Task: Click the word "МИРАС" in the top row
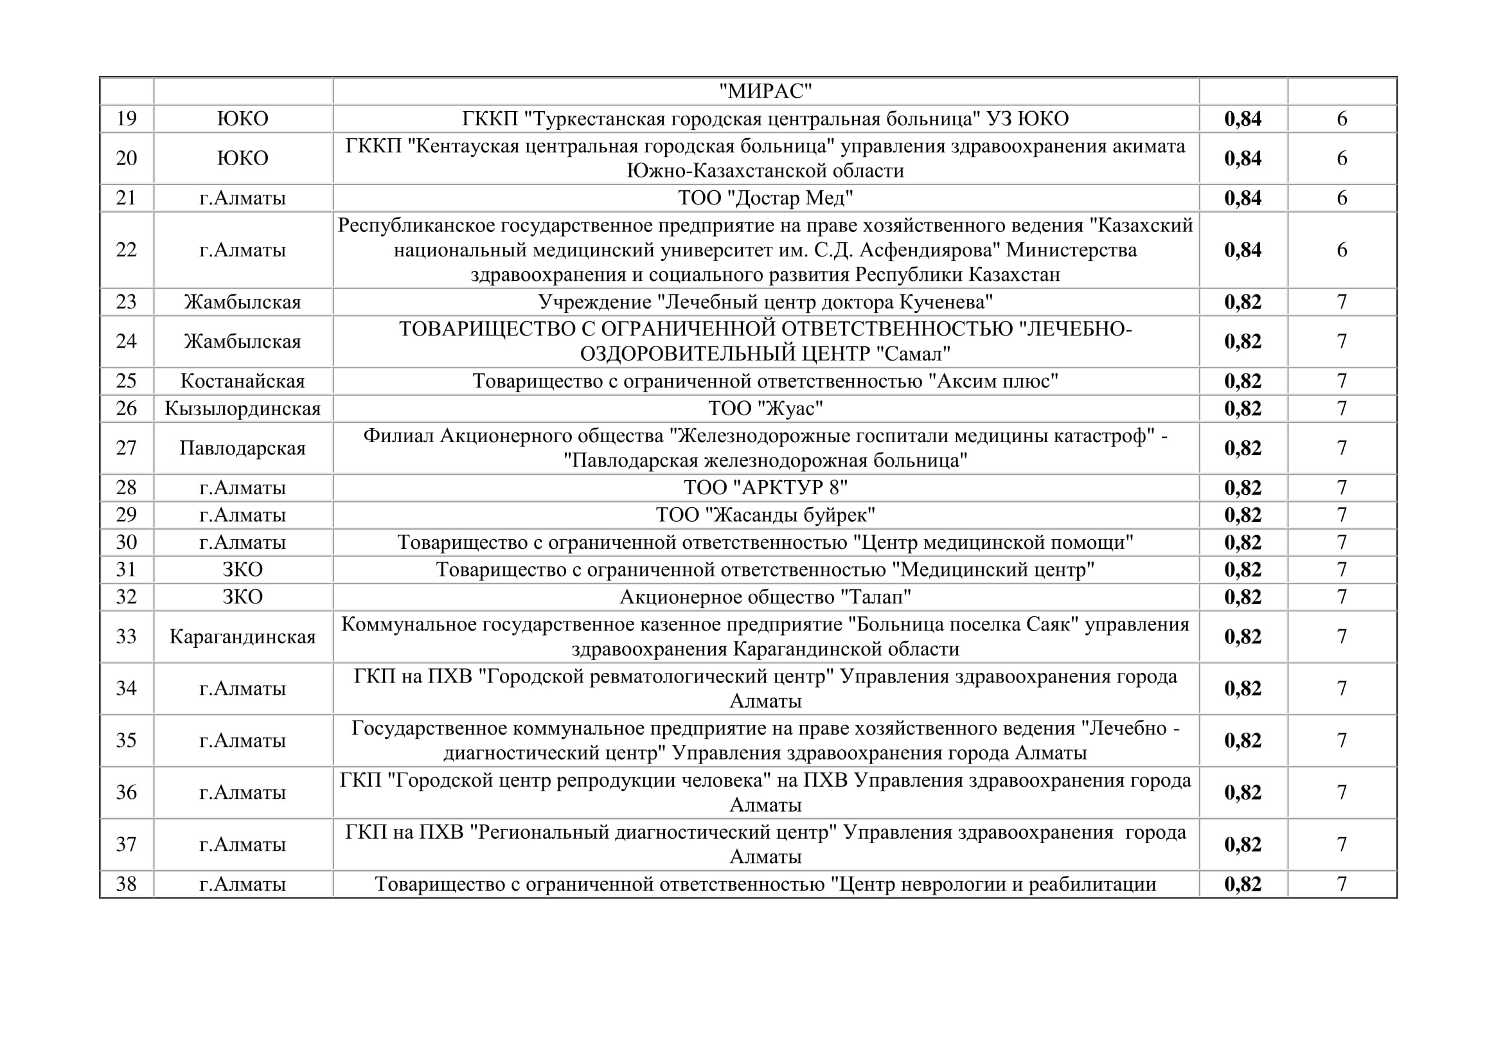pos(765,91)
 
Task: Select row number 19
pos(127,118)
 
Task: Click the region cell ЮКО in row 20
pos(242,157)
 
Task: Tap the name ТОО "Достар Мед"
pos(765,198)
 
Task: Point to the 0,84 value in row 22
pos(1243,249)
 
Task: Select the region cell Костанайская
pos(242,381)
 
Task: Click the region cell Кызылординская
pos(242,409)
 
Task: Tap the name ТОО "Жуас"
pos(765,409)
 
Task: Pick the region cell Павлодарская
pos(242,449)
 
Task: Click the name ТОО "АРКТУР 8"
pos(765,488)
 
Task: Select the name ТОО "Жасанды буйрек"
pos(765,515)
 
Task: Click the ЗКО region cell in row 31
pos(242,569)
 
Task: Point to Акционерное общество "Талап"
pos(765,597)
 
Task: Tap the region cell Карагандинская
pos(242,637)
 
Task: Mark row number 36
pos(127,792)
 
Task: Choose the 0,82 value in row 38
pos(1243,884)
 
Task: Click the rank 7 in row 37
pos(1341,844)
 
